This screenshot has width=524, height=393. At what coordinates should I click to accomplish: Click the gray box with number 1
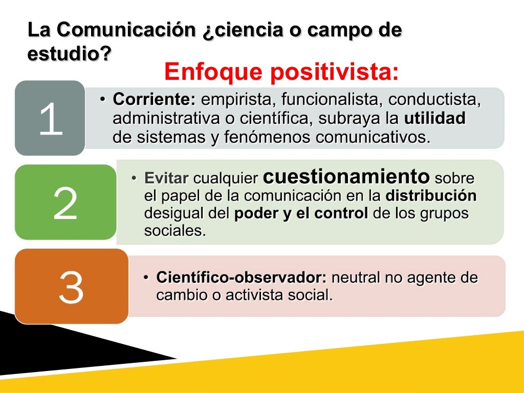tap(50, 118)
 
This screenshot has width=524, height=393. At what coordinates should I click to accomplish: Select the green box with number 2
tap(65, 203)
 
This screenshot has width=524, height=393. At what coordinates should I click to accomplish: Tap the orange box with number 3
tap(71, 287)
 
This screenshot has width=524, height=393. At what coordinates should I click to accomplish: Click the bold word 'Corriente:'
tap(154, 100)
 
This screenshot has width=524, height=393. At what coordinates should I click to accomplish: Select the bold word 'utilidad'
tap(435, 119)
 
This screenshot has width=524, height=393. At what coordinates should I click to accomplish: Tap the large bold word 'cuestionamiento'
tap(346, 177)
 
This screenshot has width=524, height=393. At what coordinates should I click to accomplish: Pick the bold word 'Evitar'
tap(167, 179)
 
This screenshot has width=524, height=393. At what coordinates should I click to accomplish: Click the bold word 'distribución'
tap(431, 196)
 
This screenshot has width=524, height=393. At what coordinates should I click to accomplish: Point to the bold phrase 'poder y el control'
tap(301, 213)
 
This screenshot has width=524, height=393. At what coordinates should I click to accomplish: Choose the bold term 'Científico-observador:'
tap(242, 278)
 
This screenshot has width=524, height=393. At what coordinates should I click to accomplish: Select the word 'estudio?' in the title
tap(69, 53)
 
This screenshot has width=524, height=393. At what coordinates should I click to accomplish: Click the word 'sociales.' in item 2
tap(175, 231)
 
